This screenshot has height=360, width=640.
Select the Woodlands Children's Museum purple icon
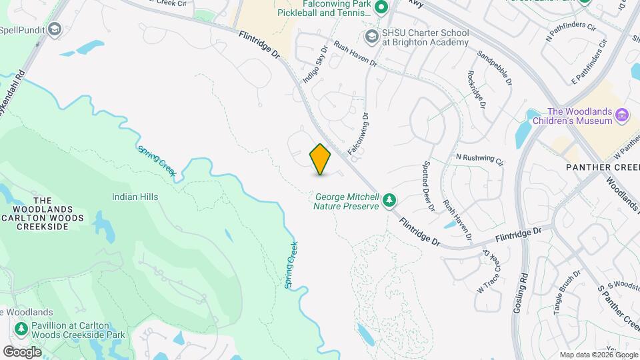623,115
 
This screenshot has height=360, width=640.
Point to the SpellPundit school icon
55,29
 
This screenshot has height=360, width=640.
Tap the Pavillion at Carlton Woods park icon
21,329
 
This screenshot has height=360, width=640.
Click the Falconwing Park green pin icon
381,8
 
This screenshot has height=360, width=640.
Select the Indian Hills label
135,197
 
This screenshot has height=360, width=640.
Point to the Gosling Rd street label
521,293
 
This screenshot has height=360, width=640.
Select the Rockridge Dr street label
477,91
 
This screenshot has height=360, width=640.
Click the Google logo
22,351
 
